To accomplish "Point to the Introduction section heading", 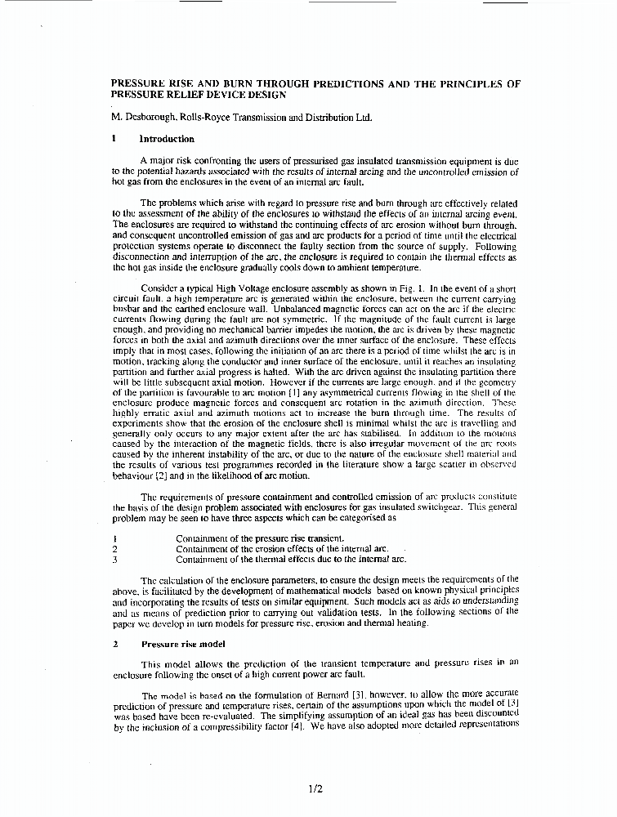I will tap(167, 139).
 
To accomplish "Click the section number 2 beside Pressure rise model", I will tap(115, 644).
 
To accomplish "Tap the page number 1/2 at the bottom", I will tap(315, 788).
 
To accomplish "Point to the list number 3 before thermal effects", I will tap(115, 560).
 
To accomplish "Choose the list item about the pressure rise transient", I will tap(260, 538).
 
